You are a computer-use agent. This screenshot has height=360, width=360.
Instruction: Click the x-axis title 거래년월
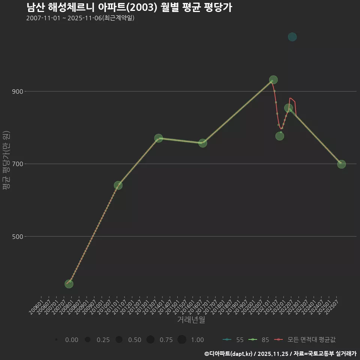click(191, 320)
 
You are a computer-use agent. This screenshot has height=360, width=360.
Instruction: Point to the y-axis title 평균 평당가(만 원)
click(6, 161)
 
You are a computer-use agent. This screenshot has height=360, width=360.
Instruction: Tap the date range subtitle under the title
click(80, 18)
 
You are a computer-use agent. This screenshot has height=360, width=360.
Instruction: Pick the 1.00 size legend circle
click(182, 340)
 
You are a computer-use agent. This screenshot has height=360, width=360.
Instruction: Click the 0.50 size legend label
click(135, 340)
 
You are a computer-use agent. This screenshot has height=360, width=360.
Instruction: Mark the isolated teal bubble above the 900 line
click(292, 37)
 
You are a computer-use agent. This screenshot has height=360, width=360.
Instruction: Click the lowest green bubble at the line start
click(69, 284)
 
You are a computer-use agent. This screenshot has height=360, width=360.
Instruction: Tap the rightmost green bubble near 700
click(341, 164)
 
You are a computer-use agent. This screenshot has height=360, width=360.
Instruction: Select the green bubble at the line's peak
click(273, 80)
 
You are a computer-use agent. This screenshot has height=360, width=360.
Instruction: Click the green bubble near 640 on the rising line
click(118, 185)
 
